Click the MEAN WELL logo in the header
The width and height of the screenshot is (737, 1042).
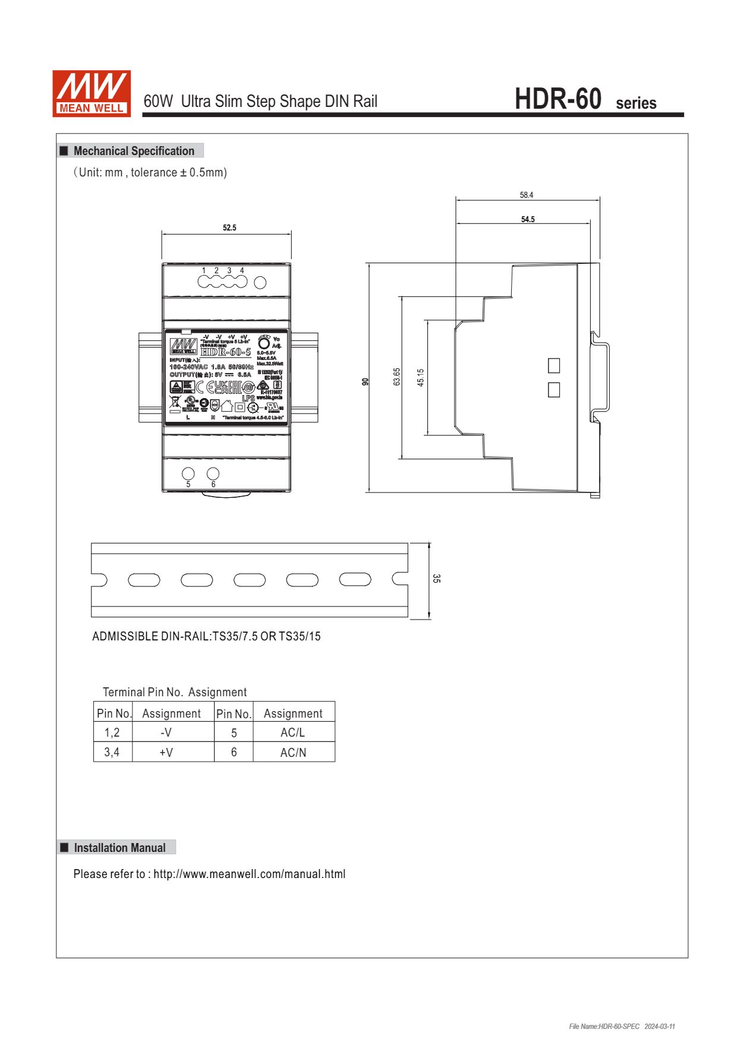92,93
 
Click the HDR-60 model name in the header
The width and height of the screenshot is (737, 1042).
558,99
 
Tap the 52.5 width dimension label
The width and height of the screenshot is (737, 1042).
229,228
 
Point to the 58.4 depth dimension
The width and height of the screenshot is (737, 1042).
527,195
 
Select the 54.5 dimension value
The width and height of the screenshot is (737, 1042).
528,219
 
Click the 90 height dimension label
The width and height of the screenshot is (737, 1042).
366,381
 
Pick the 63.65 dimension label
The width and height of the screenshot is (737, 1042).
397,377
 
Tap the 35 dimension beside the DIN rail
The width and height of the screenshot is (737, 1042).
436,578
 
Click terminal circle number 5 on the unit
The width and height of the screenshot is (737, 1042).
188,473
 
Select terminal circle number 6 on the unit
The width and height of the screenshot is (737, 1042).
213,473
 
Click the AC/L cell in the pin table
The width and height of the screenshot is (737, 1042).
293,732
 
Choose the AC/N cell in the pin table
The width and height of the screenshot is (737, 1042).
293,752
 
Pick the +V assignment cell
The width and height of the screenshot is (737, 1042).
166,752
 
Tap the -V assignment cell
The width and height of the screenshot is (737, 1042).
166,732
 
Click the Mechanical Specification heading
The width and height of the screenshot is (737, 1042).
134,151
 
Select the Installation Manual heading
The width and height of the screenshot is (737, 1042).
119,848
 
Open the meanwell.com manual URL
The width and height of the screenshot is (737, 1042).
249,874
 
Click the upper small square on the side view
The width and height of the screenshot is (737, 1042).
554,365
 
